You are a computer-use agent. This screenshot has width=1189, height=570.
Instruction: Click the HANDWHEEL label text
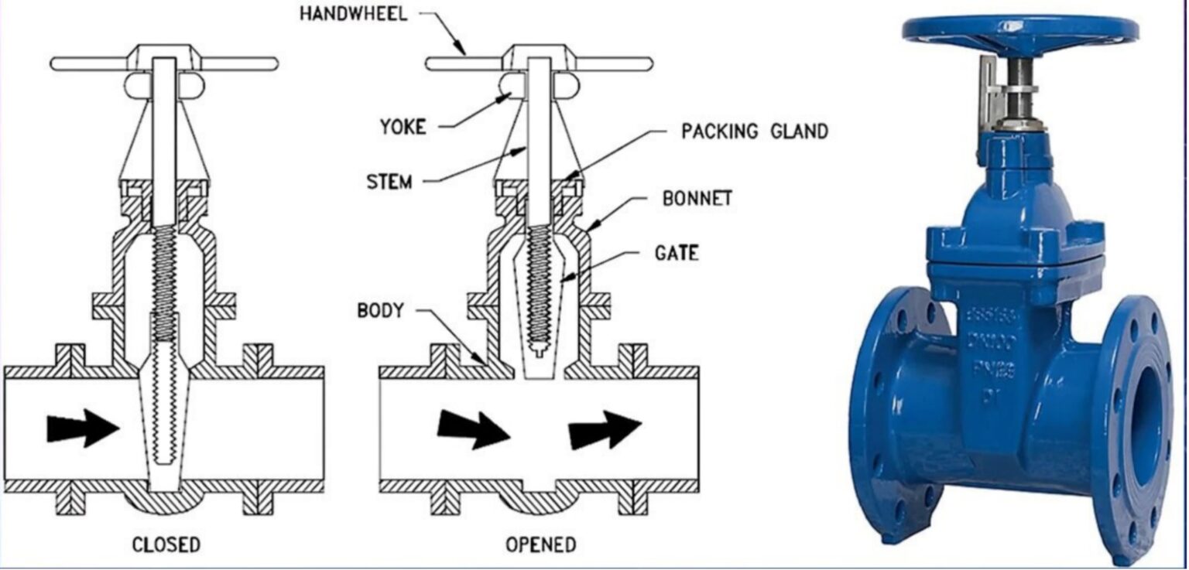point(353,15)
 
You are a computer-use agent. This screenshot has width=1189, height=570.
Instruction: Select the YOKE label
point(403,126)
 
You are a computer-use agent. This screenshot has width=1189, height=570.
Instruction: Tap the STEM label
point(389,183)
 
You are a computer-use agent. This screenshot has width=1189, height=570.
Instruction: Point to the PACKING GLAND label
point(754,131)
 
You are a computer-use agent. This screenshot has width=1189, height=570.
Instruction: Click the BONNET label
point(697,198)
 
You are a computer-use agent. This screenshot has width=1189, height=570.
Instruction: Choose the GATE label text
point(677,253)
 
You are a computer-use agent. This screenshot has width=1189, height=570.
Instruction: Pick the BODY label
point(380,311)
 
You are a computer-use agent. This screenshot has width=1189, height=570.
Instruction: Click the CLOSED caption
point(166,544)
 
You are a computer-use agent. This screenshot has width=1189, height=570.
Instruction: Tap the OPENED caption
point(541,544)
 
